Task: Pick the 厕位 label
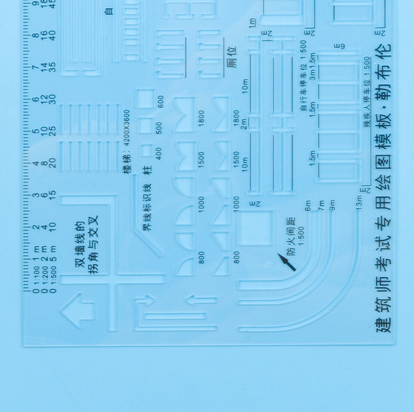tap(232, 57)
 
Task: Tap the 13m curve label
tap(359, 201)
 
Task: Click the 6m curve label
tap(308, 205)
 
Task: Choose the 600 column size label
tap(160, 101)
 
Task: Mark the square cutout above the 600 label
tap(145, 99)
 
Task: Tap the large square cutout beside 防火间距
tap(255, 228)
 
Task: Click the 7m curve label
tap(321, 205)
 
